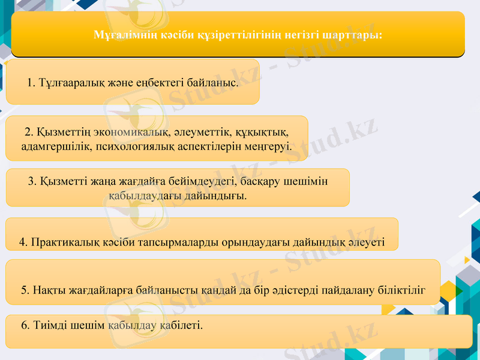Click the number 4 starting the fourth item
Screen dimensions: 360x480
point(22,242)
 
